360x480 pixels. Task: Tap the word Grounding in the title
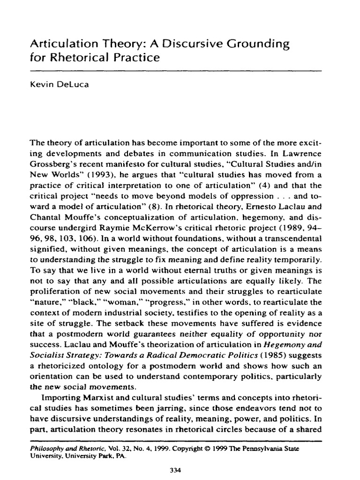click(257, 45)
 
